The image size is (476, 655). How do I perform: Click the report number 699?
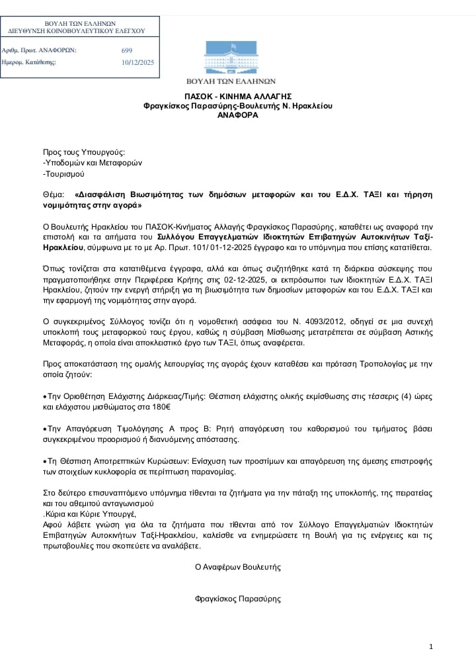pos(127,50)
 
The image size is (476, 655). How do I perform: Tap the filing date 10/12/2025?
pos(138,63)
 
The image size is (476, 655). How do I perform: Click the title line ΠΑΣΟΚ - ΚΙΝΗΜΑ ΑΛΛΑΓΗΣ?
pos(238,96)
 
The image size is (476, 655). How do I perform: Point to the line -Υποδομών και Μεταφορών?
pos(93,163)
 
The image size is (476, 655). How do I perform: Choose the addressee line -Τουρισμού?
pos(63,175)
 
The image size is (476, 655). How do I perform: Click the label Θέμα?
pos(54,195)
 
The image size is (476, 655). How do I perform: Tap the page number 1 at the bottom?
pos(431,646)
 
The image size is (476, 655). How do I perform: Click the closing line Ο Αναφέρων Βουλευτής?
pos(238,567)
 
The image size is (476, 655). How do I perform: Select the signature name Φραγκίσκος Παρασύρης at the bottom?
pos(238,599)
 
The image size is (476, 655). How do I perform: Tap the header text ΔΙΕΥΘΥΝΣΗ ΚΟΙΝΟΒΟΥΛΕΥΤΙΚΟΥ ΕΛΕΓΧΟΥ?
pos(76,31)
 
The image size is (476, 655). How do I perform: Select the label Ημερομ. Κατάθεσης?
pos(29,63)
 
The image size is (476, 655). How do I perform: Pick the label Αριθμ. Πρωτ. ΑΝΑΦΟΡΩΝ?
pos(40,50)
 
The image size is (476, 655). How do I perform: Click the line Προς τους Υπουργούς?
pos(84,151)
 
